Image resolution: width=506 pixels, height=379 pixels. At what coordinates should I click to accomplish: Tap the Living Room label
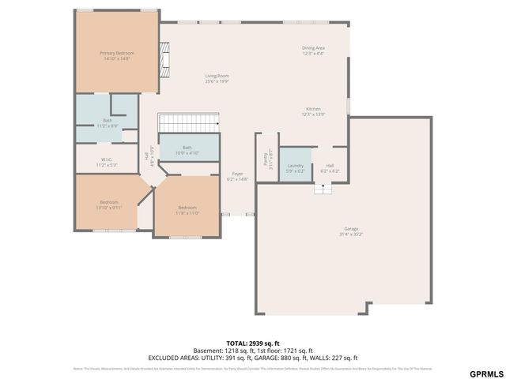point(217,78)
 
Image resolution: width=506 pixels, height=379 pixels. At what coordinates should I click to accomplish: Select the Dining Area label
point(313,51)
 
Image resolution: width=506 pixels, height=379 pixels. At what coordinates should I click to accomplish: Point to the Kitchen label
point(313,111)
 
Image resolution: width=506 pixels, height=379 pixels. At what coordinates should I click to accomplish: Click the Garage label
point(350,231)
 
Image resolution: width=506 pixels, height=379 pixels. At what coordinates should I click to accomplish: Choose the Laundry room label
point(294,168)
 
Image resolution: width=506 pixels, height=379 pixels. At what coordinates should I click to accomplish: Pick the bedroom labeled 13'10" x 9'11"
point(109,204)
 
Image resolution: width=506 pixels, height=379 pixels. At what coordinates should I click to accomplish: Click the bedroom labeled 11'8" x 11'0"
point(187,210)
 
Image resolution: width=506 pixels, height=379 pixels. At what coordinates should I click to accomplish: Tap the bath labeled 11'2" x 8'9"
point(108,123)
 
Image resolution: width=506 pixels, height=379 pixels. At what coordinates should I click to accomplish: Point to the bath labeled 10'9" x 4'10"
point(187,150)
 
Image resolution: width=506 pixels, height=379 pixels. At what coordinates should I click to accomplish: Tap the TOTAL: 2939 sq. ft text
point(252,343)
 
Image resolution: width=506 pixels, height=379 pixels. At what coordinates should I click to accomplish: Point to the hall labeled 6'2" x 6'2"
point(330,168)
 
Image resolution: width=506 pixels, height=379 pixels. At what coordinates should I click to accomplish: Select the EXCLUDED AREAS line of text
point(252,358)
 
